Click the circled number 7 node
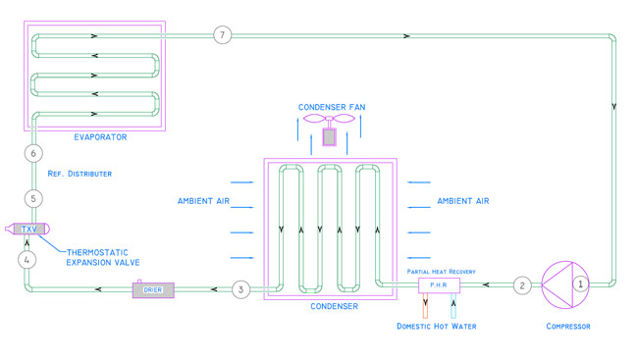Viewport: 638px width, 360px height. coord(222,35)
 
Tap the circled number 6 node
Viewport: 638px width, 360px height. coord(33,153)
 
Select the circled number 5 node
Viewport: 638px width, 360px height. coord(33,199)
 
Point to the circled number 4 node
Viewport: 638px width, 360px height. coord(27,260)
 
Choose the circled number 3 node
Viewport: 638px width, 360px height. coord(240,289)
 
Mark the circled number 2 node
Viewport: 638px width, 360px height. coord(522,285)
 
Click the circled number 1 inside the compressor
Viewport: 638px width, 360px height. coord(581,283)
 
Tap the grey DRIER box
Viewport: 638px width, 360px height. coord(153,290)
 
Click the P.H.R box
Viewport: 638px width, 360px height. coord(440,285)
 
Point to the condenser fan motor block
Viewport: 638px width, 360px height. coord(329,137)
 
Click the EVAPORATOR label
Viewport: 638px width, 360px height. coord(100,137)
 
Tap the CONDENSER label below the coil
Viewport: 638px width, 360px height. coord(335,306)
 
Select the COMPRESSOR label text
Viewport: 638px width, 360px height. coord(568,327)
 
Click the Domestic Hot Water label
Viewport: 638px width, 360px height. coord(437,327)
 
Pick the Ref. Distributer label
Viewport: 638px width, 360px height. coord(80,174)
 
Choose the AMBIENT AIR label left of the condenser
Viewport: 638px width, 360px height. coord(203,201)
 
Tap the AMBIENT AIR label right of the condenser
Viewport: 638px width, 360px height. coord(463,201)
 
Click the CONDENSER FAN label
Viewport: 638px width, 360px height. coord(332,107)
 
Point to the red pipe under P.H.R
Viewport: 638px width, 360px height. coord(425,305)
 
